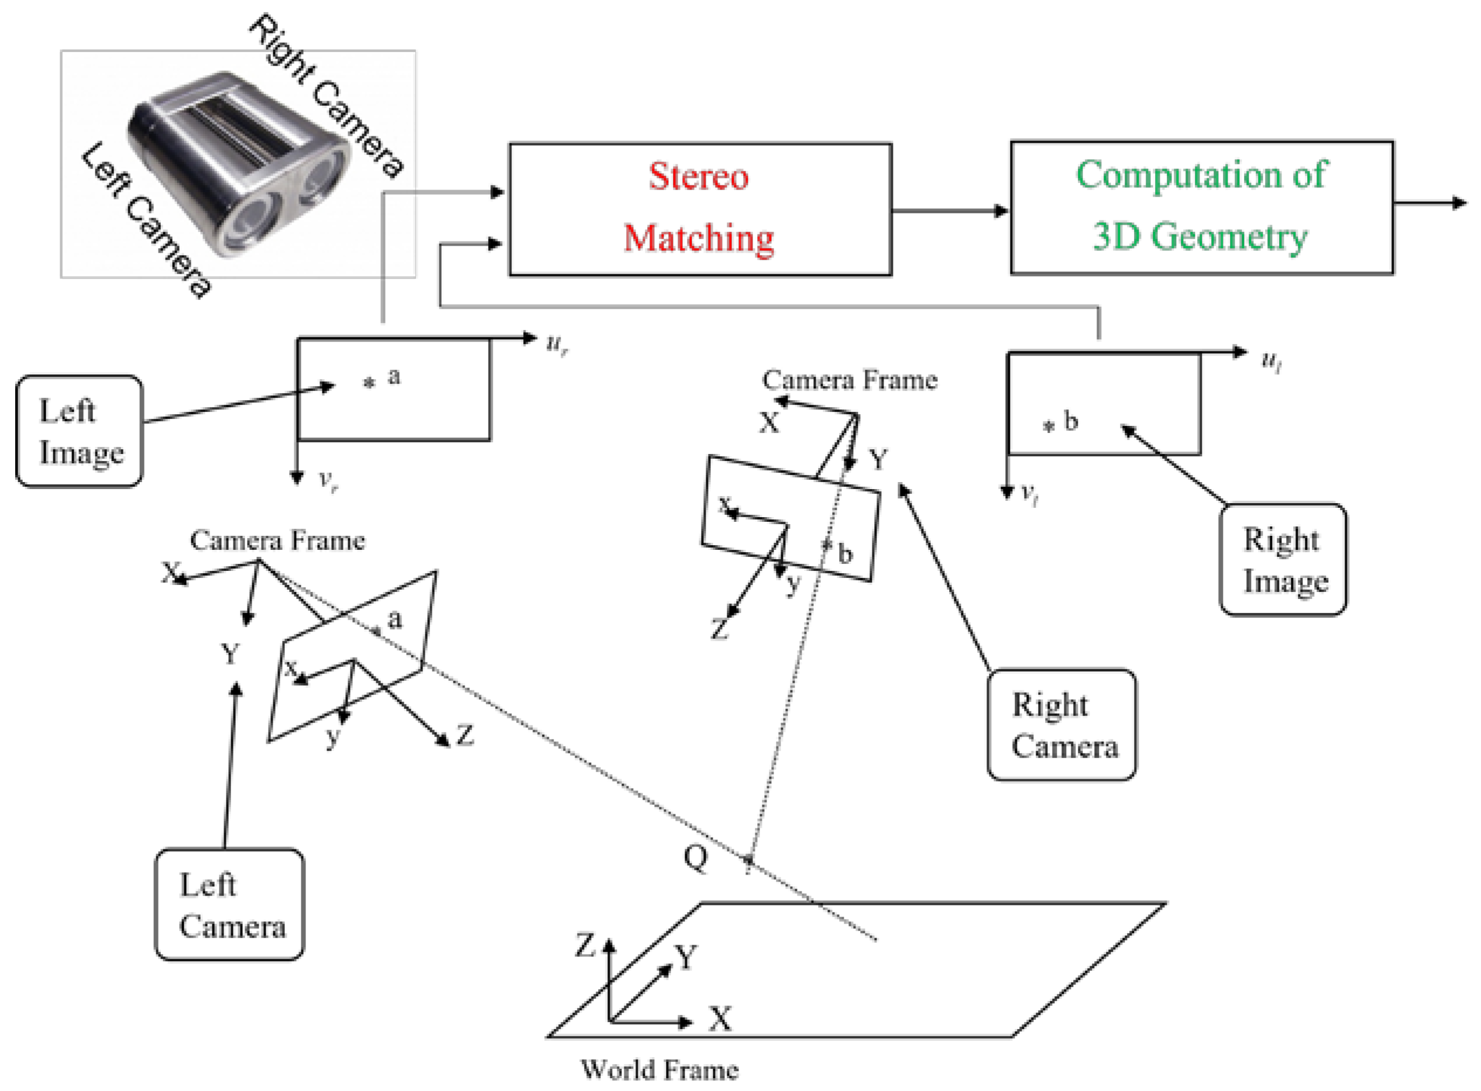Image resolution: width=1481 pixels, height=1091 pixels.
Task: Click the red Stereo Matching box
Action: point(700,209)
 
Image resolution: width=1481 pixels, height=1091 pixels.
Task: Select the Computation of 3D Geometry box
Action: point(1202,207)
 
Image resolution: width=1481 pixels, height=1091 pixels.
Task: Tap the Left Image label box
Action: point(79,431)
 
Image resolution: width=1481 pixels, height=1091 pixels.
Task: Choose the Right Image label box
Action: point(1283,559)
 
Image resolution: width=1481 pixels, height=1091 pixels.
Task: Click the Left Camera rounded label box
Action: point(230,904)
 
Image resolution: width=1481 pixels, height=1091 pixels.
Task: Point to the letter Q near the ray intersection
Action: point(696,859)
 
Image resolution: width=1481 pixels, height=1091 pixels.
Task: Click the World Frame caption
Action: point(659,1069)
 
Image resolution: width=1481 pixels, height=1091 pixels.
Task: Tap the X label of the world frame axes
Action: point(721,1018)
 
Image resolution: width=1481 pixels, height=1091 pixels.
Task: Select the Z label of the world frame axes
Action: point(585,945)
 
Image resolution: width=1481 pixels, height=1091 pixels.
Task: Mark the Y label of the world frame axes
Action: point(686,956)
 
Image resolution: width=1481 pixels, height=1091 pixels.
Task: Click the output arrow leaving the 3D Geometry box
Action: point(1431,203)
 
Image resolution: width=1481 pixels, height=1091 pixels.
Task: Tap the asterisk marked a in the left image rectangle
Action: point(370,383)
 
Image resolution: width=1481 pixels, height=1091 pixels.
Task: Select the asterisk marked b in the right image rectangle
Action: point(1049,426)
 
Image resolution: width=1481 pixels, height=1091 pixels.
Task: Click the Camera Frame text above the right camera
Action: point(850,380)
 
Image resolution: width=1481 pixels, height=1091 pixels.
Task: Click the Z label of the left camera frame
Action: point(465,734)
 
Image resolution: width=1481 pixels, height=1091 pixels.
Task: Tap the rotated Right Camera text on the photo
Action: point(327,96)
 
